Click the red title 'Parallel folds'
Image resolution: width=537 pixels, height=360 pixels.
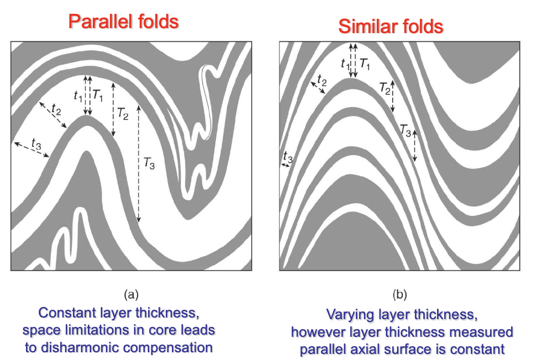(123, 22)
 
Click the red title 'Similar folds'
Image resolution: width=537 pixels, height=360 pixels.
(391, 26)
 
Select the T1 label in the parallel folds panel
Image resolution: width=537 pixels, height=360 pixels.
(98, 95)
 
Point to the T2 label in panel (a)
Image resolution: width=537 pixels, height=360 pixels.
(123, 114)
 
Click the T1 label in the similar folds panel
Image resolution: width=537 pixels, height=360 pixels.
(364, 63)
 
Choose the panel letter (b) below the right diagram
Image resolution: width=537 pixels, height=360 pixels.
(399, 293)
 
